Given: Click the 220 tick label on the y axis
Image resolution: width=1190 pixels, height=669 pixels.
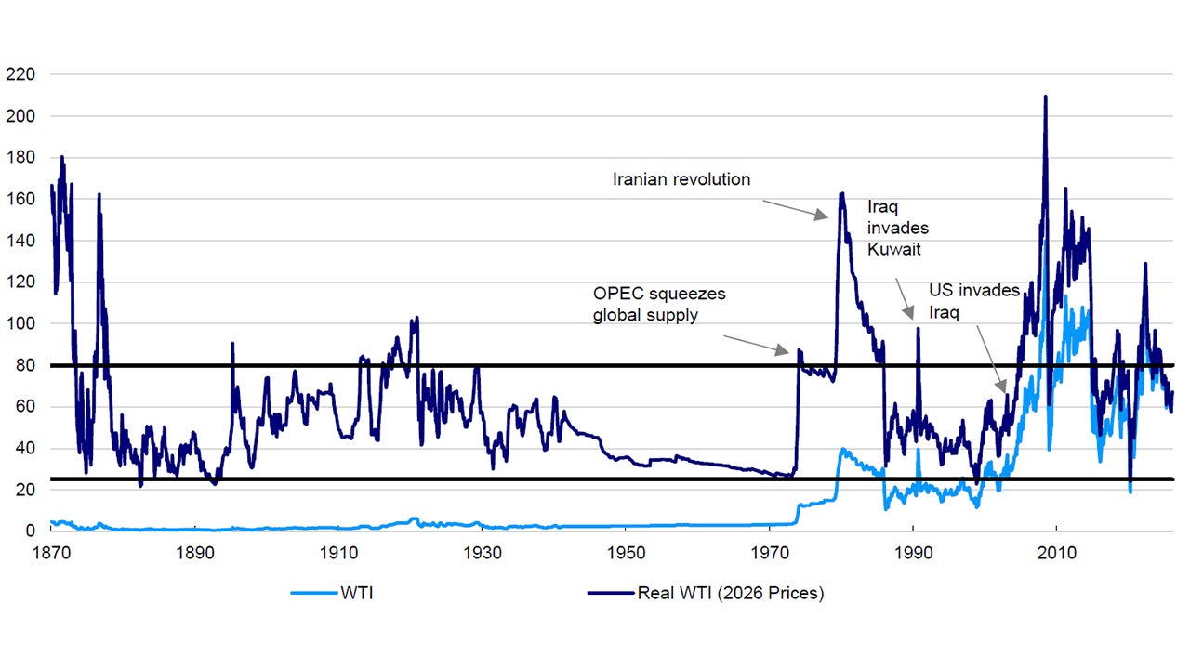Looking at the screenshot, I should coord(20,74).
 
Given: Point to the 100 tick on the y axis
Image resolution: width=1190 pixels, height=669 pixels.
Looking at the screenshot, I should coord(20,323).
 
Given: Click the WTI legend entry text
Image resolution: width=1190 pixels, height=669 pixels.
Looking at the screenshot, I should coord(357,594).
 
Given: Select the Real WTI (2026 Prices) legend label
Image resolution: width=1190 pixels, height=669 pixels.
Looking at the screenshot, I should coord(730,594).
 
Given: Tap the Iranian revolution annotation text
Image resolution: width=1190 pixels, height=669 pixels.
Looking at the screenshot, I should coord(681,179).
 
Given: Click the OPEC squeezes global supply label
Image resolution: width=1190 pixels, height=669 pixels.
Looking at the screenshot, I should coord(659,304).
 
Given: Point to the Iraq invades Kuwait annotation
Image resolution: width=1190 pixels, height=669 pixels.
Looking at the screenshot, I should coord(898,228).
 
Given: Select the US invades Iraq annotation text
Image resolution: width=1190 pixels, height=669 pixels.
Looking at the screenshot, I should coord(974,301).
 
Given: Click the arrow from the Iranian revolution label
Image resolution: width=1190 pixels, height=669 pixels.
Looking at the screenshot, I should coord(795,208).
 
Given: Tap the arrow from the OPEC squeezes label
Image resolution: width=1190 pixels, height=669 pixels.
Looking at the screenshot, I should coord(757,339).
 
